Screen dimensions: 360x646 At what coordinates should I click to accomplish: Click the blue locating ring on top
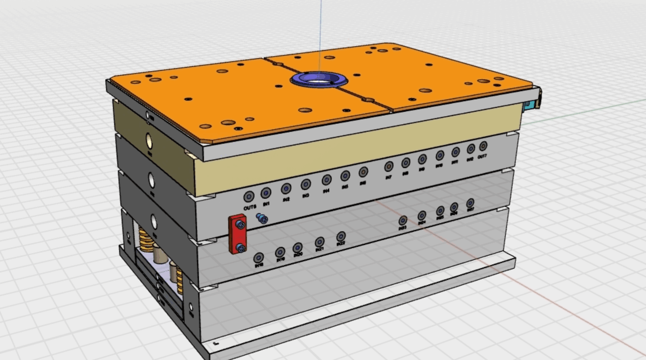click(318, 80)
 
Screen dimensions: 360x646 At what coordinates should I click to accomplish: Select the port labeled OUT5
click(249, 196)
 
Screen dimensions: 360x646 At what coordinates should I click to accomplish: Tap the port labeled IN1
click(266, 193)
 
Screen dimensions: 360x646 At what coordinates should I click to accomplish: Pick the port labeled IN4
click(326, 180)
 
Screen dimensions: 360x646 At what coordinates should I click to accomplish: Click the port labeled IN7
click(389, 166)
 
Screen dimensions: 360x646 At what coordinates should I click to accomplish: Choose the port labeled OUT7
click(483, 146)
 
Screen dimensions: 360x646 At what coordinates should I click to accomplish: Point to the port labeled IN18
click(259, 258)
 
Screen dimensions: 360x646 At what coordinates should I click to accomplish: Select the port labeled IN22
click(341, 236)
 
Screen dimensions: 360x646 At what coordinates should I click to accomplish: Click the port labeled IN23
click(403, 221)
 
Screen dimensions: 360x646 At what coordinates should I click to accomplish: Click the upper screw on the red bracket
click(241, 225)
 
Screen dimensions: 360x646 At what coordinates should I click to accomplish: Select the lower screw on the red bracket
click(241, 249)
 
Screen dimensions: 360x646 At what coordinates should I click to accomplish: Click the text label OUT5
click(249, 207)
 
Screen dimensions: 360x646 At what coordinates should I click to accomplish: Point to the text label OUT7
click(482, 157)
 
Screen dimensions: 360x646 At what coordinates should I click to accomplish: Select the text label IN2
click(286, 200)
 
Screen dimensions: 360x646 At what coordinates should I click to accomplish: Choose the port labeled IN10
click(439, 156)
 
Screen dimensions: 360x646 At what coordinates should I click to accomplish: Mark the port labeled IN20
click(297, 248)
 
